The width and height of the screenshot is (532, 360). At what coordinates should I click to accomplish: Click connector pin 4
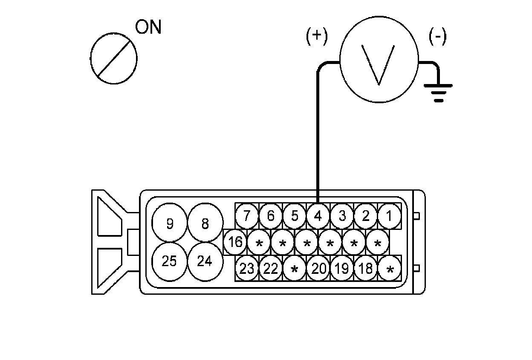[x=318, y=216]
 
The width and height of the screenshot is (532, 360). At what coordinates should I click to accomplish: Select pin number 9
[x=170, y=223]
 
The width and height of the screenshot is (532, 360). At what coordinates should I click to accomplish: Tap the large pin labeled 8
[x=205, y=223]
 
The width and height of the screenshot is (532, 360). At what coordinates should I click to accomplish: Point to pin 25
[x=170, y=261]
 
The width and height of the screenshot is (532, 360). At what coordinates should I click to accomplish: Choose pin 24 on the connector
[x=205, y=261]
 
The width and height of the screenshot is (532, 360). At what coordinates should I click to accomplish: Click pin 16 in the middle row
[x=235, y=242]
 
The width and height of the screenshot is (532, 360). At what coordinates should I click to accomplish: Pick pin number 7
[x=247, y=216]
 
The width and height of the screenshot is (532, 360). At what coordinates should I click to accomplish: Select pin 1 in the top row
[x=389, y=216]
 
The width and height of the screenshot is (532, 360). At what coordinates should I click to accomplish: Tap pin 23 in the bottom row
[x=247, y=269]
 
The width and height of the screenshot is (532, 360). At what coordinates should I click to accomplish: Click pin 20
[x=318, y=269]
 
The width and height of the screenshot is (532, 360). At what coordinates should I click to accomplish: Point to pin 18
[x=365, y=269]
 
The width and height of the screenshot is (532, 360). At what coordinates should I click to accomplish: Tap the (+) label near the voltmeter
[x=317, y=37]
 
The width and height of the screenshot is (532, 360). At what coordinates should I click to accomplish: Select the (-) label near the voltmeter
[x=437, y=37]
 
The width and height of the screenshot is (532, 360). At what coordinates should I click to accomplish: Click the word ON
[x=148, y=27]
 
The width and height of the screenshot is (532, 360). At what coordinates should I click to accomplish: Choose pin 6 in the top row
[x=271, y=216]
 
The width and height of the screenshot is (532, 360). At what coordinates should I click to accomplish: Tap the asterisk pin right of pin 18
[x=390, y=270]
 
